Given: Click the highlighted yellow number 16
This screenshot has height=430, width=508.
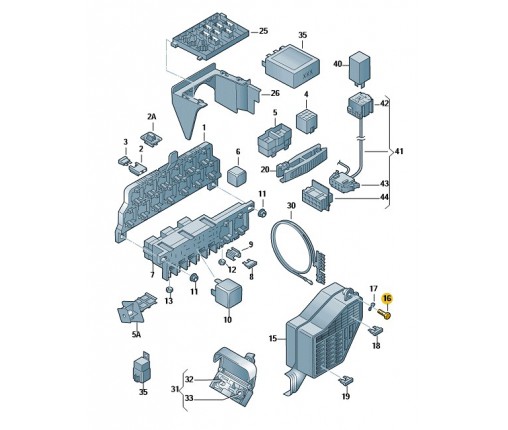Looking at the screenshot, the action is (x=387, y=298).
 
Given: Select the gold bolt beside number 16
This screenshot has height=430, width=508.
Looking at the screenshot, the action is (x=384, y=314).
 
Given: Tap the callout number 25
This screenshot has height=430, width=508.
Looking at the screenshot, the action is (x=263, y=31).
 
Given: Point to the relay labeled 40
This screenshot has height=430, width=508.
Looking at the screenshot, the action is (x=359, y=69).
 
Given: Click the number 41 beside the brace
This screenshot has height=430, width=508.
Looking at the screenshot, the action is (x=399, y=151).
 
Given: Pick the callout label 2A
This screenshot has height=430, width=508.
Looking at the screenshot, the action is (x=152, y=117).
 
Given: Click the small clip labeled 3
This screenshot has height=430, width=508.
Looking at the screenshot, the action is (x=124, y=161).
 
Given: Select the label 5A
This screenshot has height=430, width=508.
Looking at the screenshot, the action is (x=136, y=334).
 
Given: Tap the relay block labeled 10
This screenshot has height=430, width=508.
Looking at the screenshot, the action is (x=227, y=292).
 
